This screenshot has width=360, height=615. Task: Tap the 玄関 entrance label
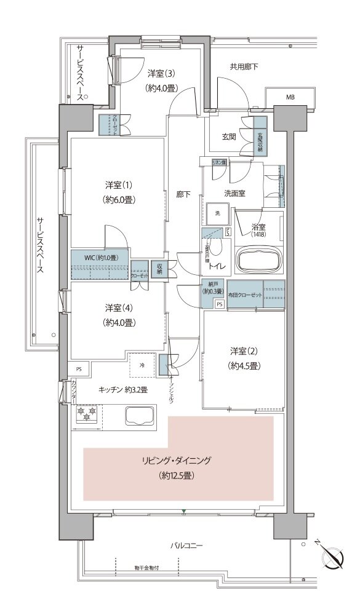(x=229, y=137)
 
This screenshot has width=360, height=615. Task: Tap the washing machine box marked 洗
(x=217, y=213)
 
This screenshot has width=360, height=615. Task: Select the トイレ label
(x=215, y=266)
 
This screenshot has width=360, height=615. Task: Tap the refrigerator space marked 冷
(x=142, y=366)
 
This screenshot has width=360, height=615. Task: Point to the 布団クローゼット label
(x=245, y=296)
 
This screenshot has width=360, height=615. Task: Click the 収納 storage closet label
(x=158, y=268)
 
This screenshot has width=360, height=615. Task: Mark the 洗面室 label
(x=234, y=193)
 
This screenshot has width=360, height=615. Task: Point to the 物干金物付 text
(x=146, y=568)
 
